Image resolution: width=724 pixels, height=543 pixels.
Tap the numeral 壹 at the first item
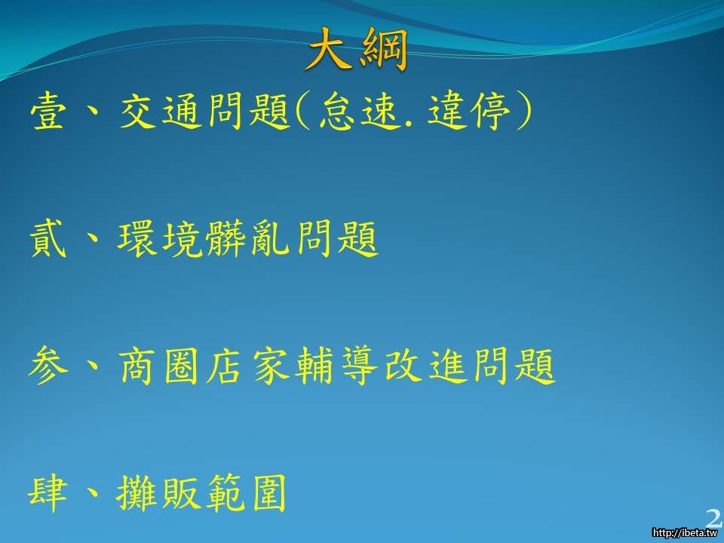coord(48,111)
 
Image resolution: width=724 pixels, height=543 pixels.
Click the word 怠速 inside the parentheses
coord(358,111)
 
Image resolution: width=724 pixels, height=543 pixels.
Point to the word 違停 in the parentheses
coord(469,111)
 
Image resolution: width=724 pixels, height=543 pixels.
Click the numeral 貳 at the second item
coord(48,239)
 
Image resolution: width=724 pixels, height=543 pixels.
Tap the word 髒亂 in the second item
coord(248,239)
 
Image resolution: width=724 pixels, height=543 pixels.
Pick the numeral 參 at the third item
coord(48,367)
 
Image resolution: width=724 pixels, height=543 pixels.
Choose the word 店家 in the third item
coord(248,367)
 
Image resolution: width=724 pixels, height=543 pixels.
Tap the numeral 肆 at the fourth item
coord(48,493)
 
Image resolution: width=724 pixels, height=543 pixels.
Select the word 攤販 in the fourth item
coord(158,493)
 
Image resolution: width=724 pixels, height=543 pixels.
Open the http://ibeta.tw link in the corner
coord(685,532)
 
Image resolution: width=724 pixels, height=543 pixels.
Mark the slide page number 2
coord(714,518)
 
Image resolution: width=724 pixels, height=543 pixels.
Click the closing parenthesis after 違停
coord(523,111)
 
